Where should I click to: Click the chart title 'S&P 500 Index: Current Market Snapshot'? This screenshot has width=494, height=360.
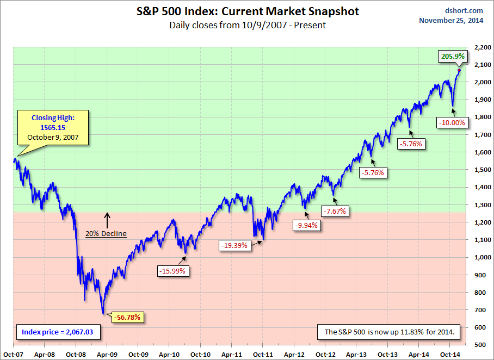coord(247,11)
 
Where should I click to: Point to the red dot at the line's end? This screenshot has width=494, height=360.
coord(459,70)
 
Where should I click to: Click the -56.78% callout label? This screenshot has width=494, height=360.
coord(128,317)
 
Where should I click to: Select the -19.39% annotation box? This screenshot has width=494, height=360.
coord(234,245)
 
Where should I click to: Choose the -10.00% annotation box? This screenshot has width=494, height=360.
coord(452,122)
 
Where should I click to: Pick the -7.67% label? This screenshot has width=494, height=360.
coord(336,210)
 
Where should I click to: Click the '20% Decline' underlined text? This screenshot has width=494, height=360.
coord(106,234)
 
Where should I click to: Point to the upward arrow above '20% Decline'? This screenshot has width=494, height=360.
coord(107,219)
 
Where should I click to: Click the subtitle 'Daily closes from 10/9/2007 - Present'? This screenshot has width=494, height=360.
coord(247,25)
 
